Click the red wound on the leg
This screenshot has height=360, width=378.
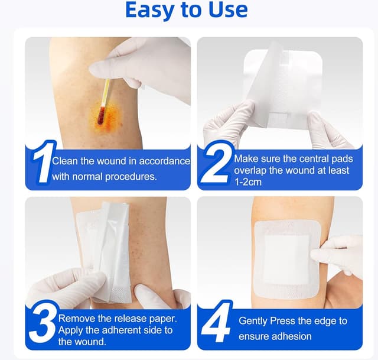pos(101,116)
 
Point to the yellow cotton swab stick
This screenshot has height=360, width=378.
pos(106,93)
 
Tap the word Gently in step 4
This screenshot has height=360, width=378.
pos(255,321)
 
